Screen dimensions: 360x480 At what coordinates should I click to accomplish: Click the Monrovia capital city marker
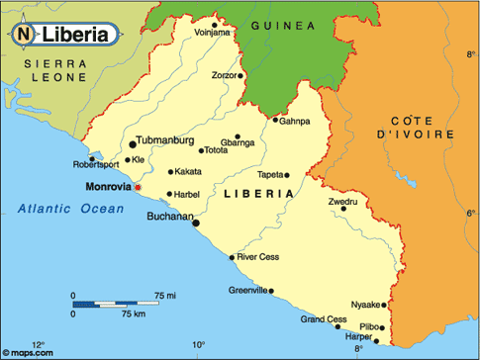(138, 187)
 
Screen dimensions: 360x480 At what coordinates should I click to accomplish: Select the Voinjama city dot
(215, 24)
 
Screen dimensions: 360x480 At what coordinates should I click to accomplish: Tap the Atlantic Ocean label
(71, 208)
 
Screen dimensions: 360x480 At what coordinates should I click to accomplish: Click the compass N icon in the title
(23, 34)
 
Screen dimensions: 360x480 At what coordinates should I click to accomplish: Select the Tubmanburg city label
(166, 140)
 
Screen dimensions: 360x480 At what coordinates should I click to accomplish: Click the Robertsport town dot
(92, 157)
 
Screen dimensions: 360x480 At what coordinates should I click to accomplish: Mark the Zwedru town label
(342, 201)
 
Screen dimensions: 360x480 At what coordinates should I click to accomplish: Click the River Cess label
(257, 256)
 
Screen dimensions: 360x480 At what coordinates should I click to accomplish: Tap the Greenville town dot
(271, 291)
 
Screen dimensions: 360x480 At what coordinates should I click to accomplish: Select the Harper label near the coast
(357, 336)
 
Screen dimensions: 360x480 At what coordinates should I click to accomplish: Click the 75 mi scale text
(165, 296)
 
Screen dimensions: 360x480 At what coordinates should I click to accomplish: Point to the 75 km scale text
(133, 313)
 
